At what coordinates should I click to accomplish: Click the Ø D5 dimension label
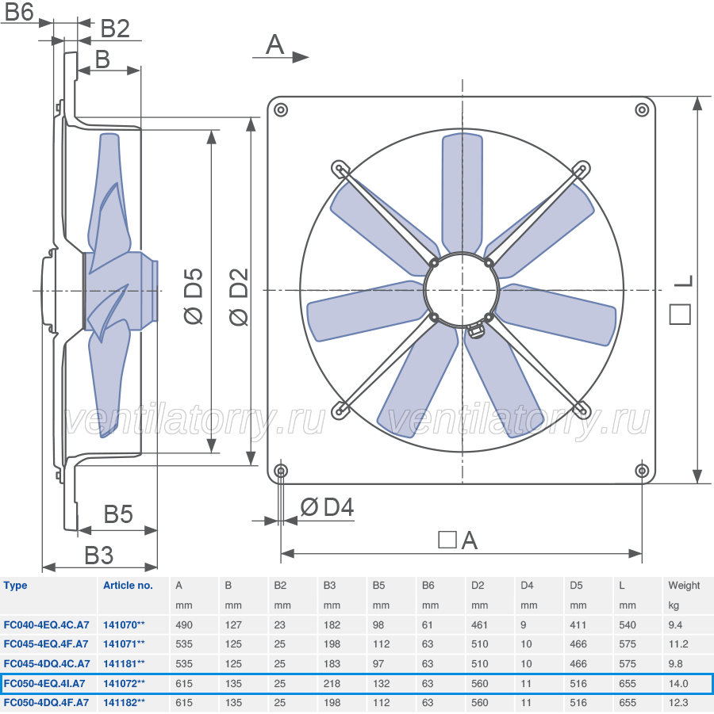(194, 296)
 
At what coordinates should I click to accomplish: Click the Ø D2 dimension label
(239, 297)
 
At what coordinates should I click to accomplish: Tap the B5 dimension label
(118, 514)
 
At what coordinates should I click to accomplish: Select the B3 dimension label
(99, 555)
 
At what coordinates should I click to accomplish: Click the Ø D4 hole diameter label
(327, 507)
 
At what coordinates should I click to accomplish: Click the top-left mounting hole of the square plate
(280, 109)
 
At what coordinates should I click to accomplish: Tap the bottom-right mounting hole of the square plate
(642, 471)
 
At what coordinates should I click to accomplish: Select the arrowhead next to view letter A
(301, 57)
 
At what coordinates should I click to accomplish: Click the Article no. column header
(128, 585)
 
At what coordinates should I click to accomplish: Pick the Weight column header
(684, 585)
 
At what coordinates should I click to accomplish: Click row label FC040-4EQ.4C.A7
(47, 624)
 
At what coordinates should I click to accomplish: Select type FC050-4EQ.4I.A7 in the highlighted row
(44, 684)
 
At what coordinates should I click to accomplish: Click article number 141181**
(124, 663)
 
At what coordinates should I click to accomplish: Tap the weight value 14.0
(678, 684)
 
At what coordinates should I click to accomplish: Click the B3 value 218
(332, 684)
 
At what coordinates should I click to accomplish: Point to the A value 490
(184, 624)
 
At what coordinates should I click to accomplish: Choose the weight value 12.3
(678, 703)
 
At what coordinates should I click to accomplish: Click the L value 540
(628, 624)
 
